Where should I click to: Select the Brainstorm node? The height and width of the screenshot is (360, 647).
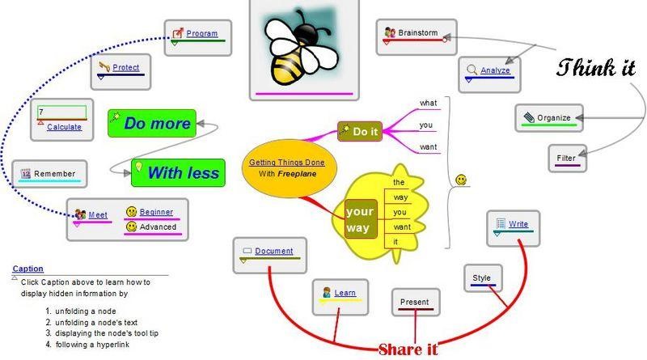[x=417, y=33]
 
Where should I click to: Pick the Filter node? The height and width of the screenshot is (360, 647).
[x=566, y=158]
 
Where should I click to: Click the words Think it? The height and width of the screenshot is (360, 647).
[x=596, y=68]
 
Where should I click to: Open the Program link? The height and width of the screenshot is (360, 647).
[x=201, y=34]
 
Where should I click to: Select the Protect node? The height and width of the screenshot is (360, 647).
[x=126, y=67]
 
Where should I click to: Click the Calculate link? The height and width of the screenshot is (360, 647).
[x=64, y=127]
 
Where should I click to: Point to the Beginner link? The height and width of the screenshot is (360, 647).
[x=156, y=212]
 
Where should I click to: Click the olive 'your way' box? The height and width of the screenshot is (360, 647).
[x=357, y=218]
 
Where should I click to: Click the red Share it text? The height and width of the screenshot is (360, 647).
[x=408, y=349]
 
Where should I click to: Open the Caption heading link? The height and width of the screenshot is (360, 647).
[x=28, y=269]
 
